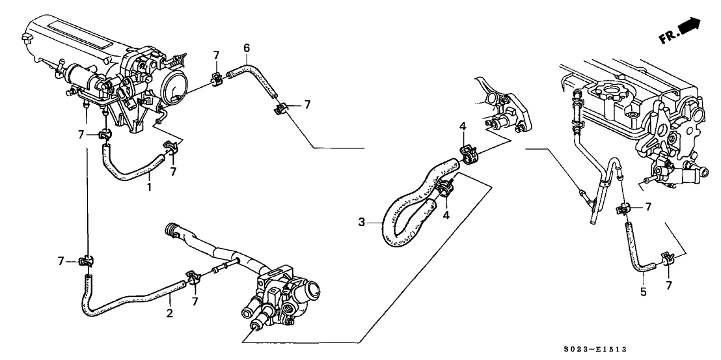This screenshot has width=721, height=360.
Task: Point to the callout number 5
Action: pos(643,292)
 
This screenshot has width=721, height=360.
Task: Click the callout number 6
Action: pos(246,48)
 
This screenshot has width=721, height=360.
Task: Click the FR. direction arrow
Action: pos(690,27)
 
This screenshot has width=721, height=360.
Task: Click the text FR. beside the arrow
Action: pos(668,37)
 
